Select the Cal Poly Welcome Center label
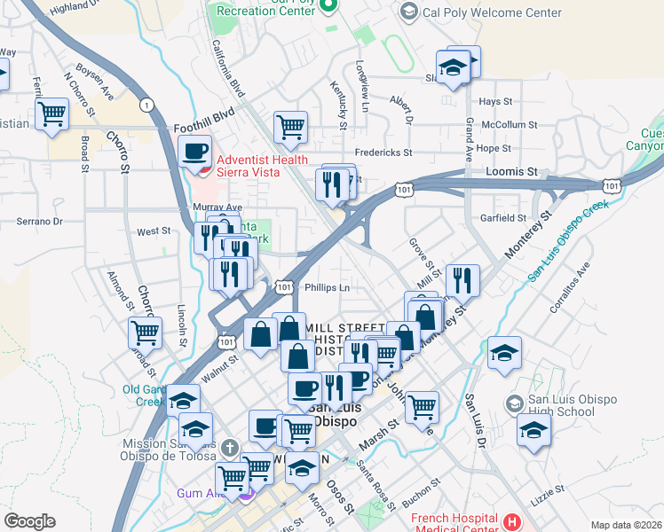tap(492, 12)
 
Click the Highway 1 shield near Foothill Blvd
tap(147, 106)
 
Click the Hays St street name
tap(497, 102)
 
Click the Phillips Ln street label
tap(328, 287)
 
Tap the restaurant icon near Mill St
tap(462, 280)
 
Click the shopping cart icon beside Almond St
tap(145, 332)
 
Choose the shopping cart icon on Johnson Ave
tap(422, 407)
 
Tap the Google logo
tap(29, 520)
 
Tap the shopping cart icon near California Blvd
tap(289, 126)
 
